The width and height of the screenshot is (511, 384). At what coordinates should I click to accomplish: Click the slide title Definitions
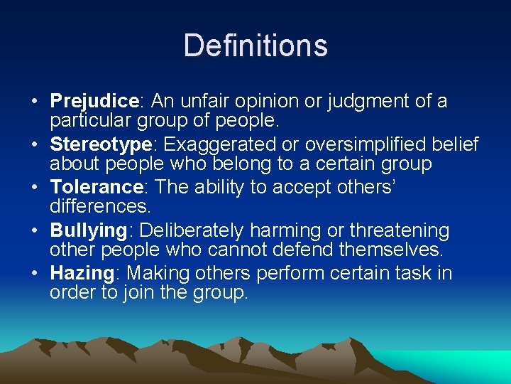255,46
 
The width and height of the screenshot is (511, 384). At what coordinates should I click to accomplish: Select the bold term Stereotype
100,145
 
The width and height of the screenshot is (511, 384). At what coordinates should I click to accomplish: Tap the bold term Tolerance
97,188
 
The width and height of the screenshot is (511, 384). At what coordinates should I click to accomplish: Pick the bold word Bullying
88,231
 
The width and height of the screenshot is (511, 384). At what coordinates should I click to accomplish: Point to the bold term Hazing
82,274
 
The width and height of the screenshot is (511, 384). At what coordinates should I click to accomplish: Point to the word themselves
402,250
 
